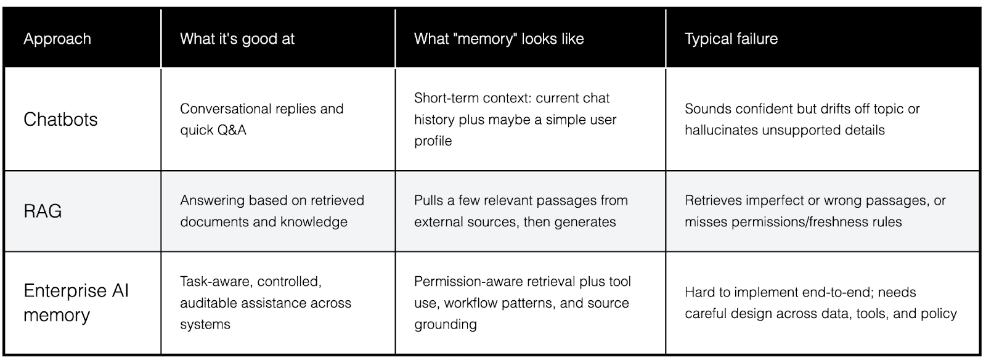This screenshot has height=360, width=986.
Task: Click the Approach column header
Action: (57, 39)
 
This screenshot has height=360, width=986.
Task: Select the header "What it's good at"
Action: (237, 39)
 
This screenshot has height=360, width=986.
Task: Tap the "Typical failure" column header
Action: (731, 39)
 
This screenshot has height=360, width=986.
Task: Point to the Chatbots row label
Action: (60, 119)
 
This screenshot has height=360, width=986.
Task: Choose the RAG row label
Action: (43, 211)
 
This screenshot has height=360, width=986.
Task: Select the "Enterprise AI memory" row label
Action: (76, 303)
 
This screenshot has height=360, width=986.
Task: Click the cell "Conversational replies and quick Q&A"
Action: (261, 119)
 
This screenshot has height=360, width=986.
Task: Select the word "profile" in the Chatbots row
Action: (433, 141)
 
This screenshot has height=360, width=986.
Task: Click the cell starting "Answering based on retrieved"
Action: (272, 211)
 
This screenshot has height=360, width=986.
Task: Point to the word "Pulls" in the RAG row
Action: (429, 200)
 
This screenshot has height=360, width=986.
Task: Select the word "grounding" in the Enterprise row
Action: (445, 324)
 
